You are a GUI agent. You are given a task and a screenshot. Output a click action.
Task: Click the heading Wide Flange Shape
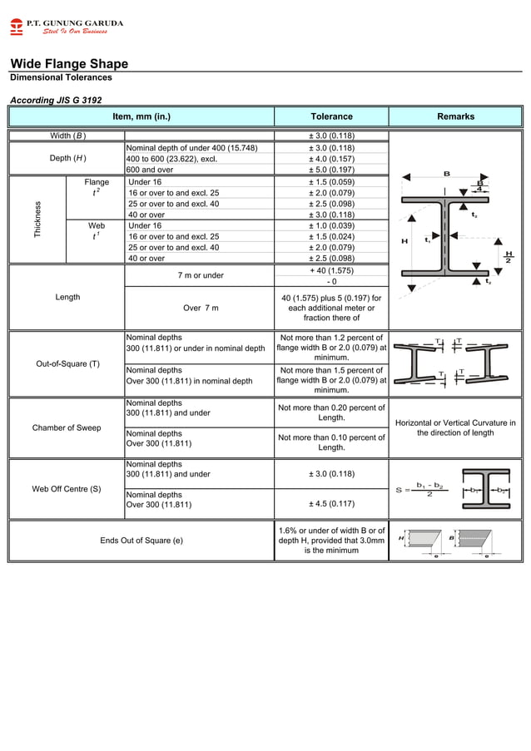pos(69,64)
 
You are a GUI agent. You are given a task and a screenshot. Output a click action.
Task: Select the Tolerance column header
pos(331,116)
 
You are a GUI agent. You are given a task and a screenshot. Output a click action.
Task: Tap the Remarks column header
pos(455,116)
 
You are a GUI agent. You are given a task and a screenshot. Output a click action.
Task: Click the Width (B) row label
pos(67,136)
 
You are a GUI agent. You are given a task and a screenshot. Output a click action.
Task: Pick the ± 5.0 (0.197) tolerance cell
pos(331,170)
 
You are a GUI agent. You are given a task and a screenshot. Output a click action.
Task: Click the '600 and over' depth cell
pos(149,170)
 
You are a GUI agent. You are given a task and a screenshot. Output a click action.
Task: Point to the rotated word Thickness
pos(37,220)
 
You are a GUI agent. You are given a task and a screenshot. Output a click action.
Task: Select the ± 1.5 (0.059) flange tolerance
pos(331,181)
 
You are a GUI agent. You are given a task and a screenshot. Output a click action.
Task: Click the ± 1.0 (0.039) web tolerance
pos(331,225)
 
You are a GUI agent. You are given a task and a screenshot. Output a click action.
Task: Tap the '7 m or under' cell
pos(200,275)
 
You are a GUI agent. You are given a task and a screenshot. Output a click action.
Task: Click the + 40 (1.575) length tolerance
pos(331,270)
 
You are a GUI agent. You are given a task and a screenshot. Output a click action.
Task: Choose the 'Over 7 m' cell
pos(200,308)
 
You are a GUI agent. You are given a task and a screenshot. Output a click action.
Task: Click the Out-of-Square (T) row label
pos(67,363)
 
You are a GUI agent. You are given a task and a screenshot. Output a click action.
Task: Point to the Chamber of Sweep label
pos(67,427)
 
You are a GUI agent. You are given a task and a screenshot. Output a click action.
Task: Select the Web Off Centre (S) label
pos(67,488)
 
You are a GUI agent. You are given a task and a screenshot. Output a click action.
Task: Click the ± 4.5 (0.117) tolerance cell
pos(331,504)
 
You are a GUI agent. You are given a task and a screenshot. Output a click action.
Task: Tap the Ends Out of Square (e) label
pos(141,541)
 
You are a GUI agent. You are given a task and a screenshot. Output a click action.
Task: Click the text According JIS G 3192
pos(55,100)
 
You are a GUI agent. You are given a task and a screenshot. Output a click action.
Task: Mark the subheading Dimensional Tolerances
pos(61,77)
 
